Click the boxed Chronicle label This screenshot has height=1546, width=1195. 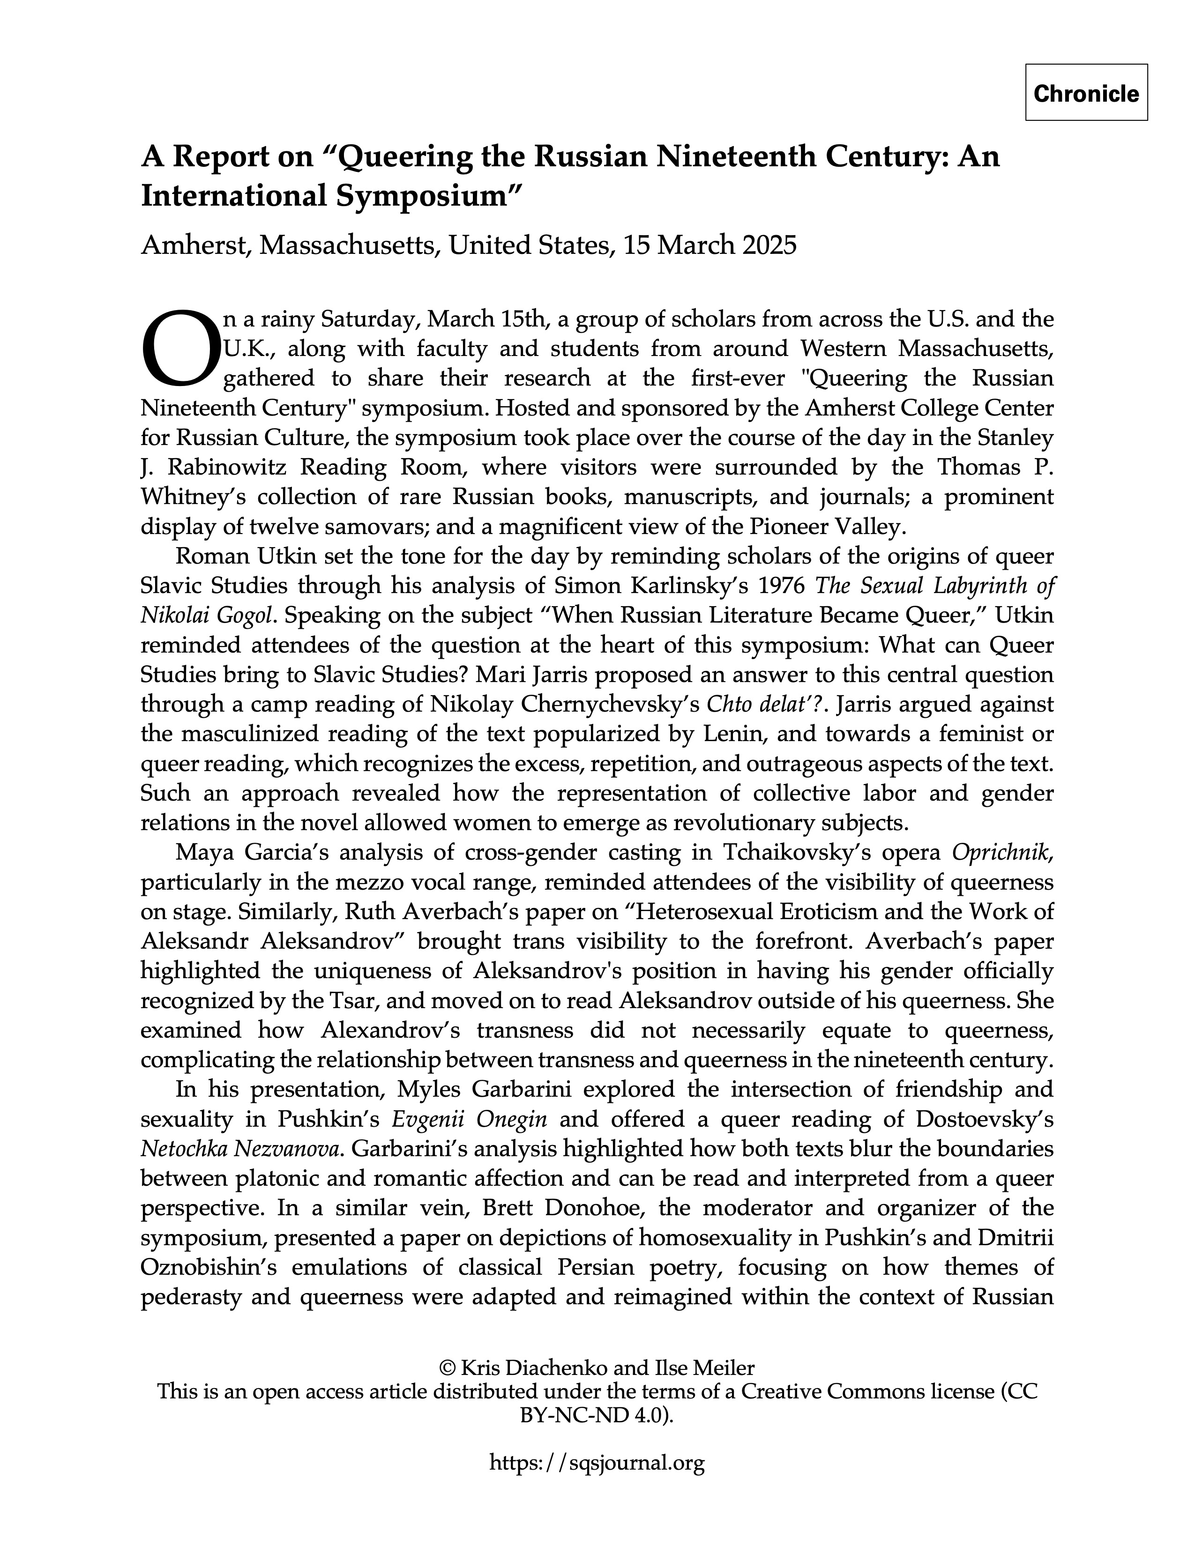1086,93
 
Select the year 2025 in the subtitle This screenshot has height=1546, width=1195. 769,245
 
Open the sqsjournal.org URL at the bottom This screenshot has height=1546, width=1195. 597,1463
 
